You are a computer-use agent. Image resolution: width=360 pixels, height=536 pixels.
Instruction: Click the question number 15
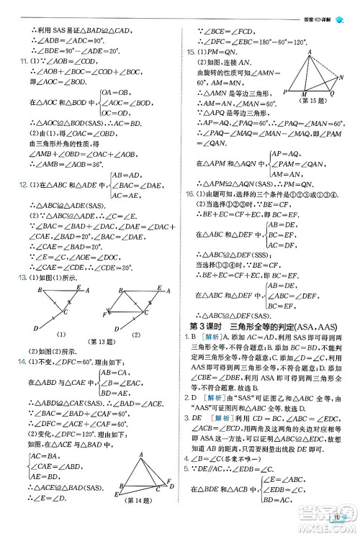coord(191,53)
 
